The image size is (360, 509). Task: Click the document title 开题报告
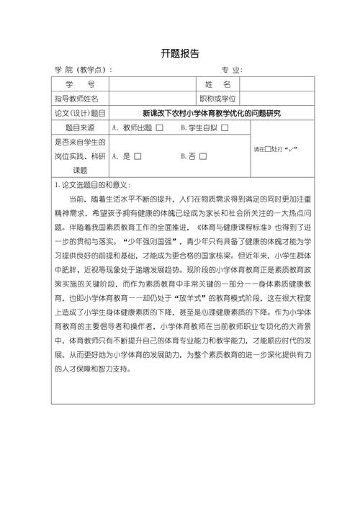(180, 54)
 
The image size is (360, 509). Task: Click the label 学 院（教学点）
(83, 70)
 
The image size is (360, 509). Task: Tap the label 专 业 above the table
(232, 70)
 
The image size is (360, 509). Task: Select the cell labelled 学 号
(79, 85)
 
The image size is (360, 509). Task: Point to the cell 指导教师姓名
(79, 99)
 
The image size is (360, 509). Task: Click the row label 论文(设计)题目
(79, 113)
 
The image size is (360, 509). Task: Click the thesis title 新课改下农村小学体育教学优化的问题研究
(211, 113)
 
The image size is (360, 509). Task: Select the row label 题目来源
(79, 127)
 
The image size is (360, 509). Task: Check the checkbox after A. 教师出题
(160, 128)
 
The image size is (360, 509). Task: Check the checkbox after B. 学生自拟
(225, 128)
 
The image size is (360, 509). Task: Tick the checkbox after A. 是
(138, 156)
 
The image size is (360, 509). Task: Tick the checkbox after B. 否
(204, 156)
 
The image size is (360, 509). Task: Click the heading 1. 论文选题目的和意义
(91, 184)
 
